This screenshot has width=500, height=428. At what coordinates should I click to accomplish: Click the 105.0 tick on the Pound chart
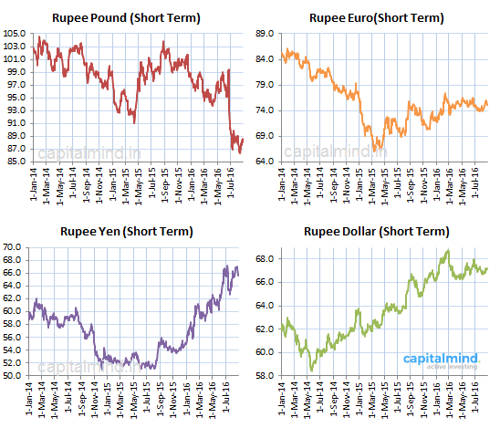pyautogui.click(x=14, y=34)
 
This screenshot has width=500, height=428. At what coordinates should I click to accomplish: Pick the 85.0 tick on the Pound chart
pyautogui.click(x=16, y=162)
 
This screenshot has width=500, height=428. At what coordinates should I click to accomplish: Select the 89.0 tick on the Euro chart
pyautogui.click(x=266, y=34)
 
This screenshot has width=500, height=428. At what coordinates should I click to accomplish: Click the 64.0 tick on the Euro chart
pyautogui.click(x=266, y=162)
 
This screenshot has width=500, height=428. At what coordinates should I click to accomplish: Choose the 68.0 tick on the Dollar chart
pyautogui.click(x=266, y=258)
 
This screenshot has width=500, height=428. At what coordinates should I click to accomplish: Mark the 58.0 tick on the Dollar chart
pyautogui.click(x=266, y=375)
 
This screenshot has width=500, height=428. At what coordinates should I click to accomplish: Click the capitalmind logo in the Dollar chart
pyautogui.click(x=443, y=359)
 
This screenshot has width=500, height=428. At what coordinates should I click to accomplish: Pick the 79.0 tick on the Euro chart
pyautogui.click(x=266, y=85)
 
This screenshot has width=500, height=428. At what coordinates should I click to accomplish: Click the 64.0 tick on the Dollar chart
pyautogui.click(x=266, y=305)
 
